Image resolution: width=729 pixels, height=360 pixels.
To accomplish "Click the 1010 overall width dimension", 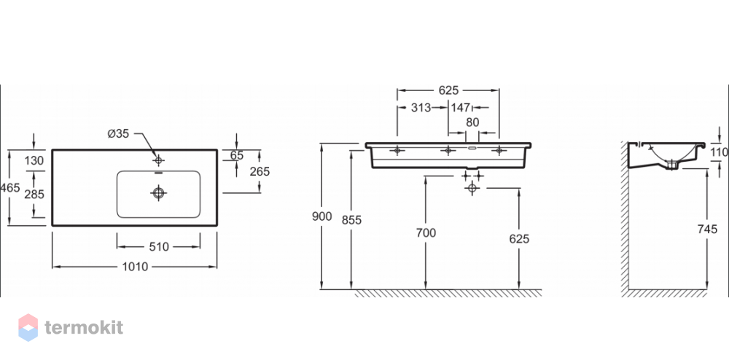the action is tap(135, 267).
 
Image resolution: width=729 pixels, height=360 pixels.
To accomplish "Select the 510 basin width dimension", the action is tap(158, 247).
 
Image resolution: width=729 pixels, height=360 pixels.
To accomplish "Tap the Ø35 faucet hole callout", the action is tap(118, 134).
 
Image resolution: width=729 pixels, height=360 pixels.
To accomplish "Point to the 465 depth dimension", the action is tap(10, 188).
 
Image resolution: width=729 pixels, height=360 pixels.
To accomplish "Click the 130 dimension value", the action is tap(34, 161).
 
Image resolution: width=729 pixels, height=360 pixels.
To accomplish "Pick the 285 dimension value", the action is tap(34, 194).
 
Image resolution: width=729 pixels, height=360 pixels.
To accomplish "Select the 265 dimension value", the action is tap(260, 171).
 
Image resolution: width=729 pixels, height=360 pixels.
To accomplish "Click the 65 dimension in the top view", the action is tap(237, 156).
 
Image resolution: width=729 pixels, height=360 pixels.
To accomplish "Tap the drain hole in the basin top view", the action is tap(158, 192).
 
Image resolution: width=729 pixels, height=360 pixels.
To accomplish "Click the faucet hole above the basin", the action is tap(158, 161).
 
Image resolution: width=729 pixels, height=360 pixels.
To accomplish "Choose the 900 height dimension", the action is tap(322, 216).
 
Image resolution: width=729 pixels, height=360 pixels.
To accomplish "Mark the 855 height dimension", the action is tap(351, 219).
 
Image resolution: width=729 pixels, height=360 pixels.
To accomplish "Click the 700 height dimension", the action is tap(426, 232).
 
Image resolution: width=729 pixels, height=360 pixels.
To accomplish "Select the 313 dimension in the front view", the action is tap(421, 108).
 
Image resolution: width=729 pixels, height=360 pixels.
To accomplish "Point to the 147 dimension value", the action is tap(460, 108).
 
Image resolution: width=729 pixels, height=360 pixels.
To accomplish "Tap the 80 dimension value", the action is tap(472, 123).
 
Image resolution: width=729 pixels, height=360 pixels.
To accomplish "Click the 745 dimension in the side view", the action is tap(708, 229).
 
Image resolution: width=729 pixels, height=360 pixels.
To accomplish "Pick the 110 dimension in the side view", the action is tap(720, 152).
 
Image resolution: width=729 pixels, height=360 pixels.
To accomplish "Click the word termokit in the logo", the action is tap(84, 327).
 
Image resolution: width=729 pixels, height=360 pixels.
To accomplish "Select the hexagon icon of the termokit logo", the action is tap(28, 327).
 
